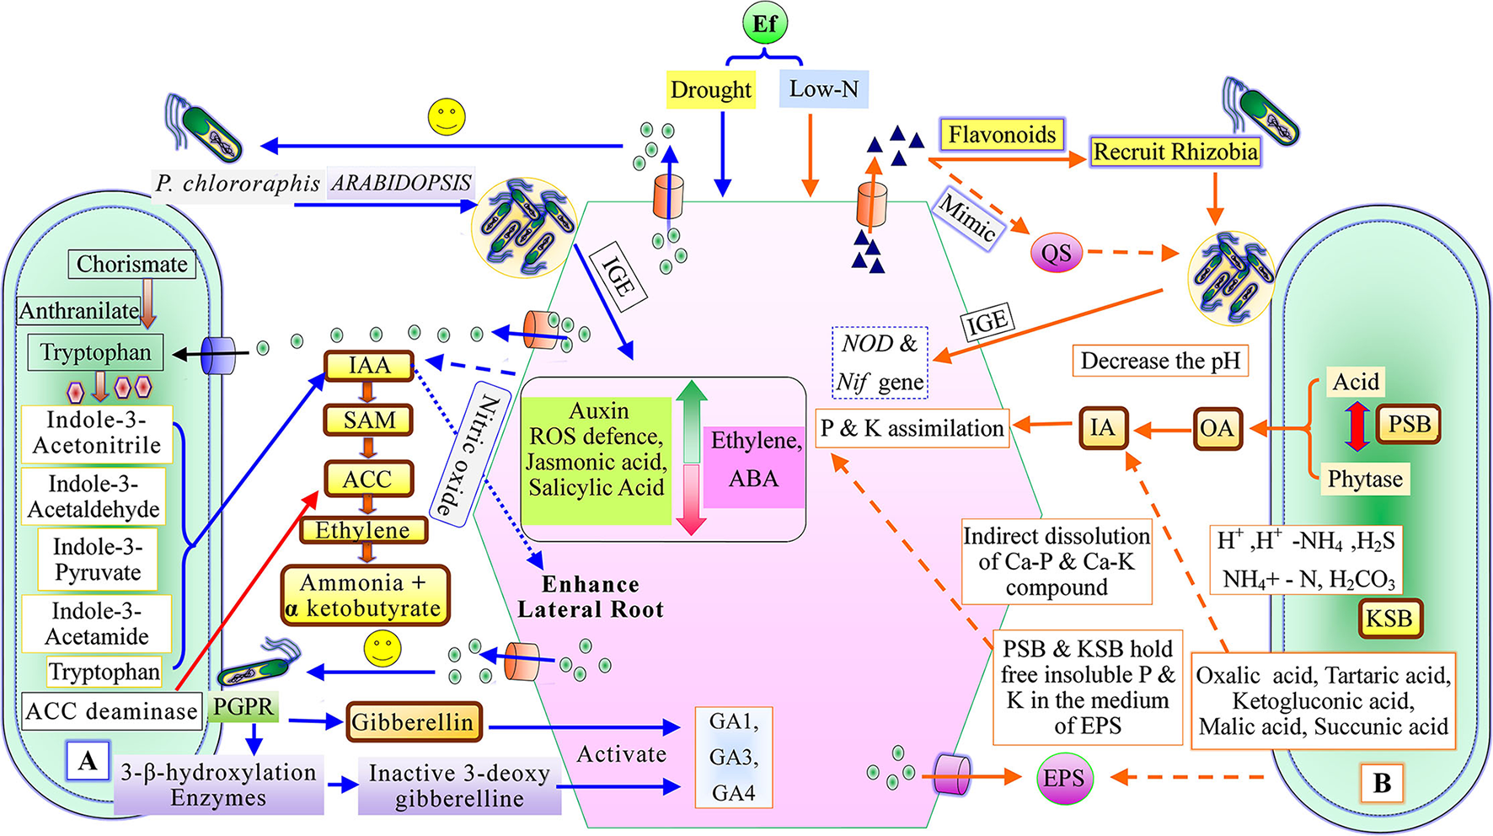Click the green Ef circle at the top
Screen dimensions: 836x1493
coord(764,24)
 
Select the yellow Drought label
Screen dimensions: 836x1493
coord(710,89)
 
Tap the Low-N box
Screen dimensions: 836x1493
coord(823,88)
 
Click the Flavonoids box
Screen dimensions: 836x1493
coord(1001,135)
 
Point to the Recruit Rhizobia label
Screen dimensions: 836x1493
coord(1175,153)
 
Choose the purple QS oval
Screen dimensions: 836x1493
coord(1056,253)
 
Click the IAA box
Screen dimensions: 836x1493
coord(369,366)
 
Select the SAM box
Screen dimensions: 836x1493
coord(369,420)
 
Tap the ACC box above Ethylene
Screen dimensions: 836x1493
coord(368,479)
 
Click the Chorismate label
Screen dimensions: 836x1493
coord(132,264)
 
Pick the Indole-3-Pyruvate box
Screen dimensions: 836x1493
coord(97,560)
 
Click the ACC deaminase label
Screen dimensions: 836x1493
coord(111,711)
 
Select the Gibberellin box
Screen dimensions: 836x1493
coord(412,722)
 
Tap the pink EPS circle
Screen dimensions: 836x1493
coord(1063,779)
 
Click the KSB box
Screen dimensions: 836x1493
coord(1389,619)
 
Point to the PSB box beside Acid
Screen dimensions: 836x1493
coord(1408,424)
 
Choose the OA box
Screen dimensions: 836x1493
coord(1217,429)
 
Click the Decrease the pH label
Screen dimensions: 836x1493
coord(1159,361)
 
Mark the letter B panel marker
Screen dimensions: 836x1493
coord(1382,783)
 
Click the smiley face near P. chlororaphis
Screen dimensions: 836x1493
coord(447,116)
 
